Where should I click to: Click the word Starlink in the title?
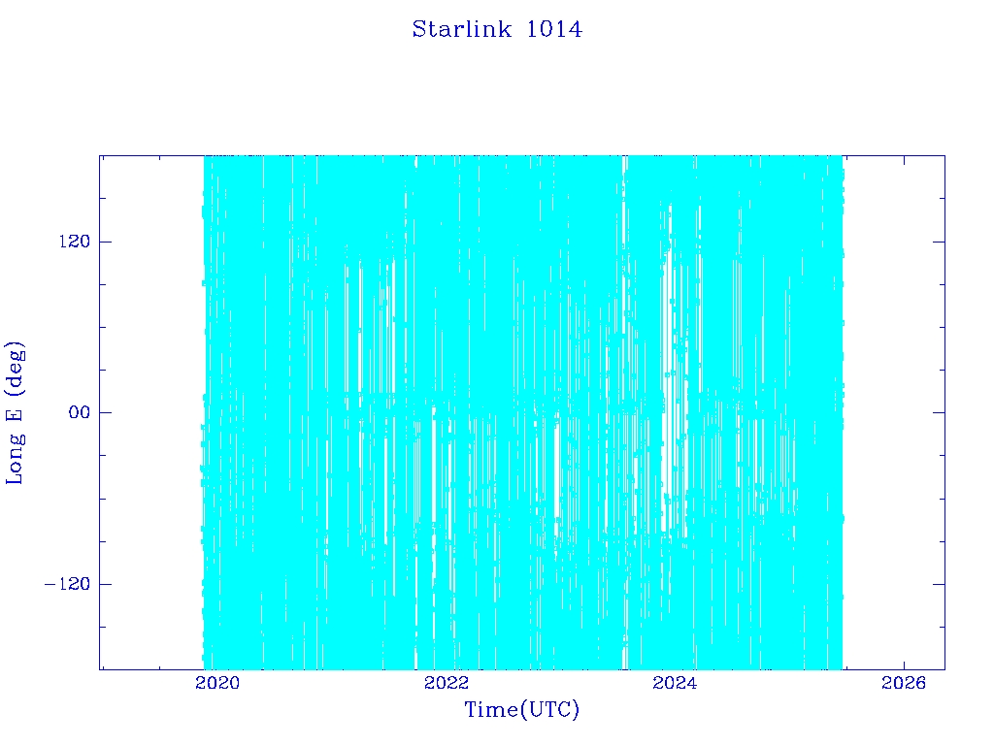[x=461, y=29]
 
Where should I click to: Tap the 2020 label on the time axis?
[x=217, y=682]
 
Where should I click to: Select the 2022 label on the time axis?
[x=447, y=682]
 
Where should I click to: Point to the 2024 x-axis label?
[x=675, y=682]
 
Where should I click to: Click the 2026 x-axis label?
[x=904, y=682]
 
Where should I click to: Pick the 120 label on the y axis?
[x=75, y=242]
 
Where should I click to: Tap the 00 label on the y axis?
[x=80, y=412]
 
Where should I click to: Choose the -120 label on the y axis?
[x=67, y=583]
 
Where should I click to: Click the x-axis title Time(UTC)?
[x=521, y=709]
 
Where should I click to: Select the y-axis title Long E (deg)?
[x=15, y=413]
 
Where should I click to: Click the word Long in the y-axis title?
[x=15, y=459]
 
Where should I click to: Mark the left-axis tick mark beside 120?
[x=105, y=242]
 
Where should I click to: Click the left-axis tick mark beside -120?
[x=105, y=583]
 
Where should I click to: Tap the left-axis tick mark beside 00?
[x=105, y=412]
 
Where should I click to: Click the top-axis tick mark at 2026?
[x=904, y=161]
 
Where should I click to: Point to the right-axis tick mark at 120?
[x=939, y=242]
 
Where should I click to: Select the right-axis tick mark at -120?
[x=939, y=583]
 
